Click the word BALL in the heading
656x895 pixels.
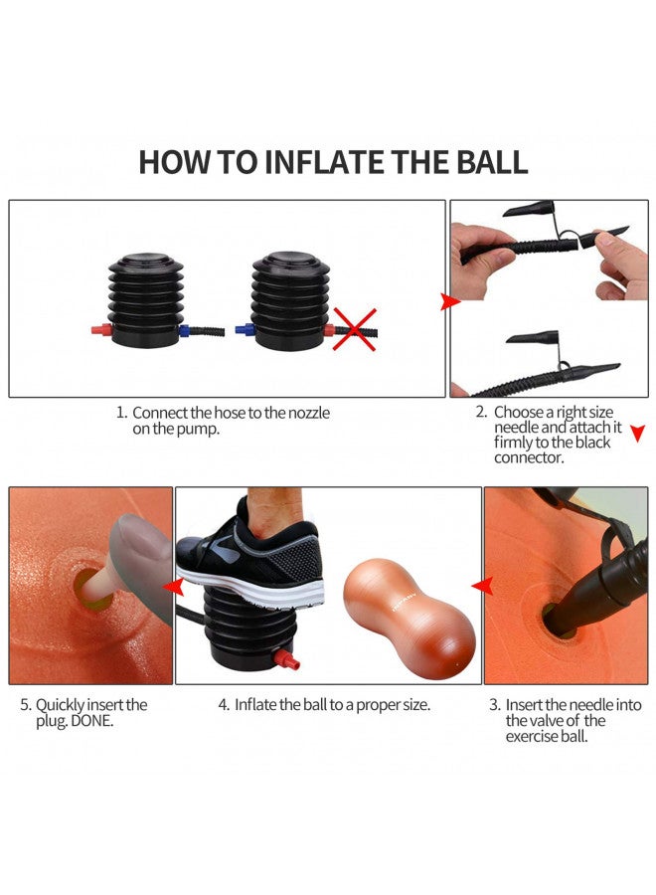click(x=492, y=162)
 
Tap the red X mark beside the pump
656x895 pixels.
click(x=355, y=329)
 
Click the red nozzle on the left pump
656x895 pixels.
click(x=101, y=330)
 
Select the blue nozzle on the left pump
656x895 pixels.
click(x=185, y=330)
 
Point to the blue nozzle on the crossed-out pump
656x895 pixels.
click(x=245, y=330)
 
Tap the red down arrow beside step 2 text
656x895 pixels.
click(x=638, y=433)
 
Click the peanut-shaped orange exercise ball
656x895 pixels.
click(x=410, y=619)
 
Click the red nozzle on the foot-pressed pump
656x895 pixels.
click(x=287, y=660)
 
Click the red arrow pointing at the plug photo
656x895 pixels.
click(x=173, y=586)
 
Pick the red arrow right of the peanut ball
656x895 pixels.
click(x=483, y=586)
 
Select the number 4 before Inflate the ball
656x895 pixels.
click(x=223, y=705)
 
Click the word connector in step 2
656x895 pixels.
click(x=528, y=457)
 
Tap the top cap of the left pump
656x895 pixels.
click(x=146, y=262)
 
